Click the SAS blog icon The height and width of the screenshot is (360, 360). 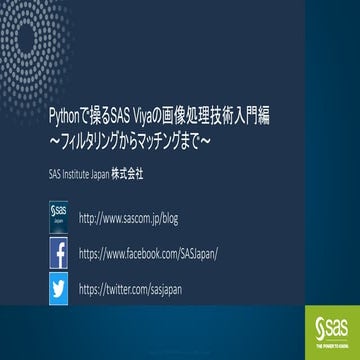click(58, 216)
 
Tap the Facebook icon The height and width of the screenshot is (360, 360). click(58, 253)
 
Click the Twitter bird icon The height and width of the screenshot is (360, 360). click(58, 289)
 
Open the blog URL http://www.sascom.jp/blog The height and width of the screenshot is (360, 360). click(126, 217)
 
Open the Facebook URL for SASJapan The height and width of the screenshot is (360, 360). click(147, 253)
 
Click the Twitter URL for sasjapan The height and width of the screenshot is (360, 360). click(131, 289)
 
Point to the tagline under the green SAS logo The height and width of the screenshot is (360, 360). click(329, 341)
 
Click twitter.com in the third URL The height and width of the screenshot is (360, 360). click(126, 289)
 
